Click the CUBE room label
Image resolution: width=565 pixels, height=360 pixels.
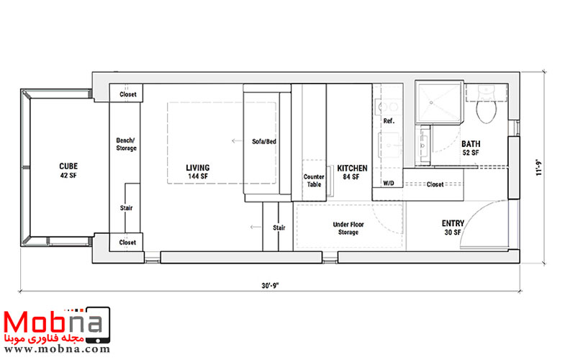point(68,171)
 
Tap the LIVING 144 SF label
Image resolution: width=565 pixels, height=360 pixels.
point(198,172)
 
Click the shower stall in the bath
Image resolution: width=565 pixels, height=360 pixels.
point(439,103)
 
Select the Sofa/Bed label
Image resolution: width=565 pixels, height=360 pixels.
point(264,142)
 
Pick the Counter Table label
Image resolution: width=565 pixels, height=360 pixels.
point(314,181)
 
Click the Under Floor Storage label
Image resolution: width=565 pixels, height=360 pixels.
point(348,228)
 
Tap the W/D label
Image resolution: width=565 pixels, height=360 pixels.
point(389,184)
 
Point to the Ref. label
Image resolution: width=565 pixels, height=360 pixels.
point(389,121)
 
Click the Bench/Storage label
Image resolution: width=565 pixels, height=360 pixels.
point(126,144)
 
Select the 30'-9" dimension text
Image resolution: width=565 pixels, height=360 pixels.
point(270,286)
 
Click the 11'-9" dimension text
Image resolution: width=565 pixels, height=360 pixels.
point(539,167)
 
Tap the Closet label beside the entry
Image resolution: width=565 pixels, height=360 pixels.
point(435,184)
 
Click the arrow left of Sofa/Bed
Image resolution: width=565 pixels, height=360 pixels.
point(237,140)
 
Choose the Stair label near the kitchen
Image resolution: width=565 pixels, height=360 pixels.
point(279,228)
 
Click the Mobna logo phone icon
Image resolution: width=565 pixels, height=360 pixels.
point(97,325)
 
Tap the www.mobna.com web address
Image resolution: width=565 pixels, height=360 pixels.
point(57,348)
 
